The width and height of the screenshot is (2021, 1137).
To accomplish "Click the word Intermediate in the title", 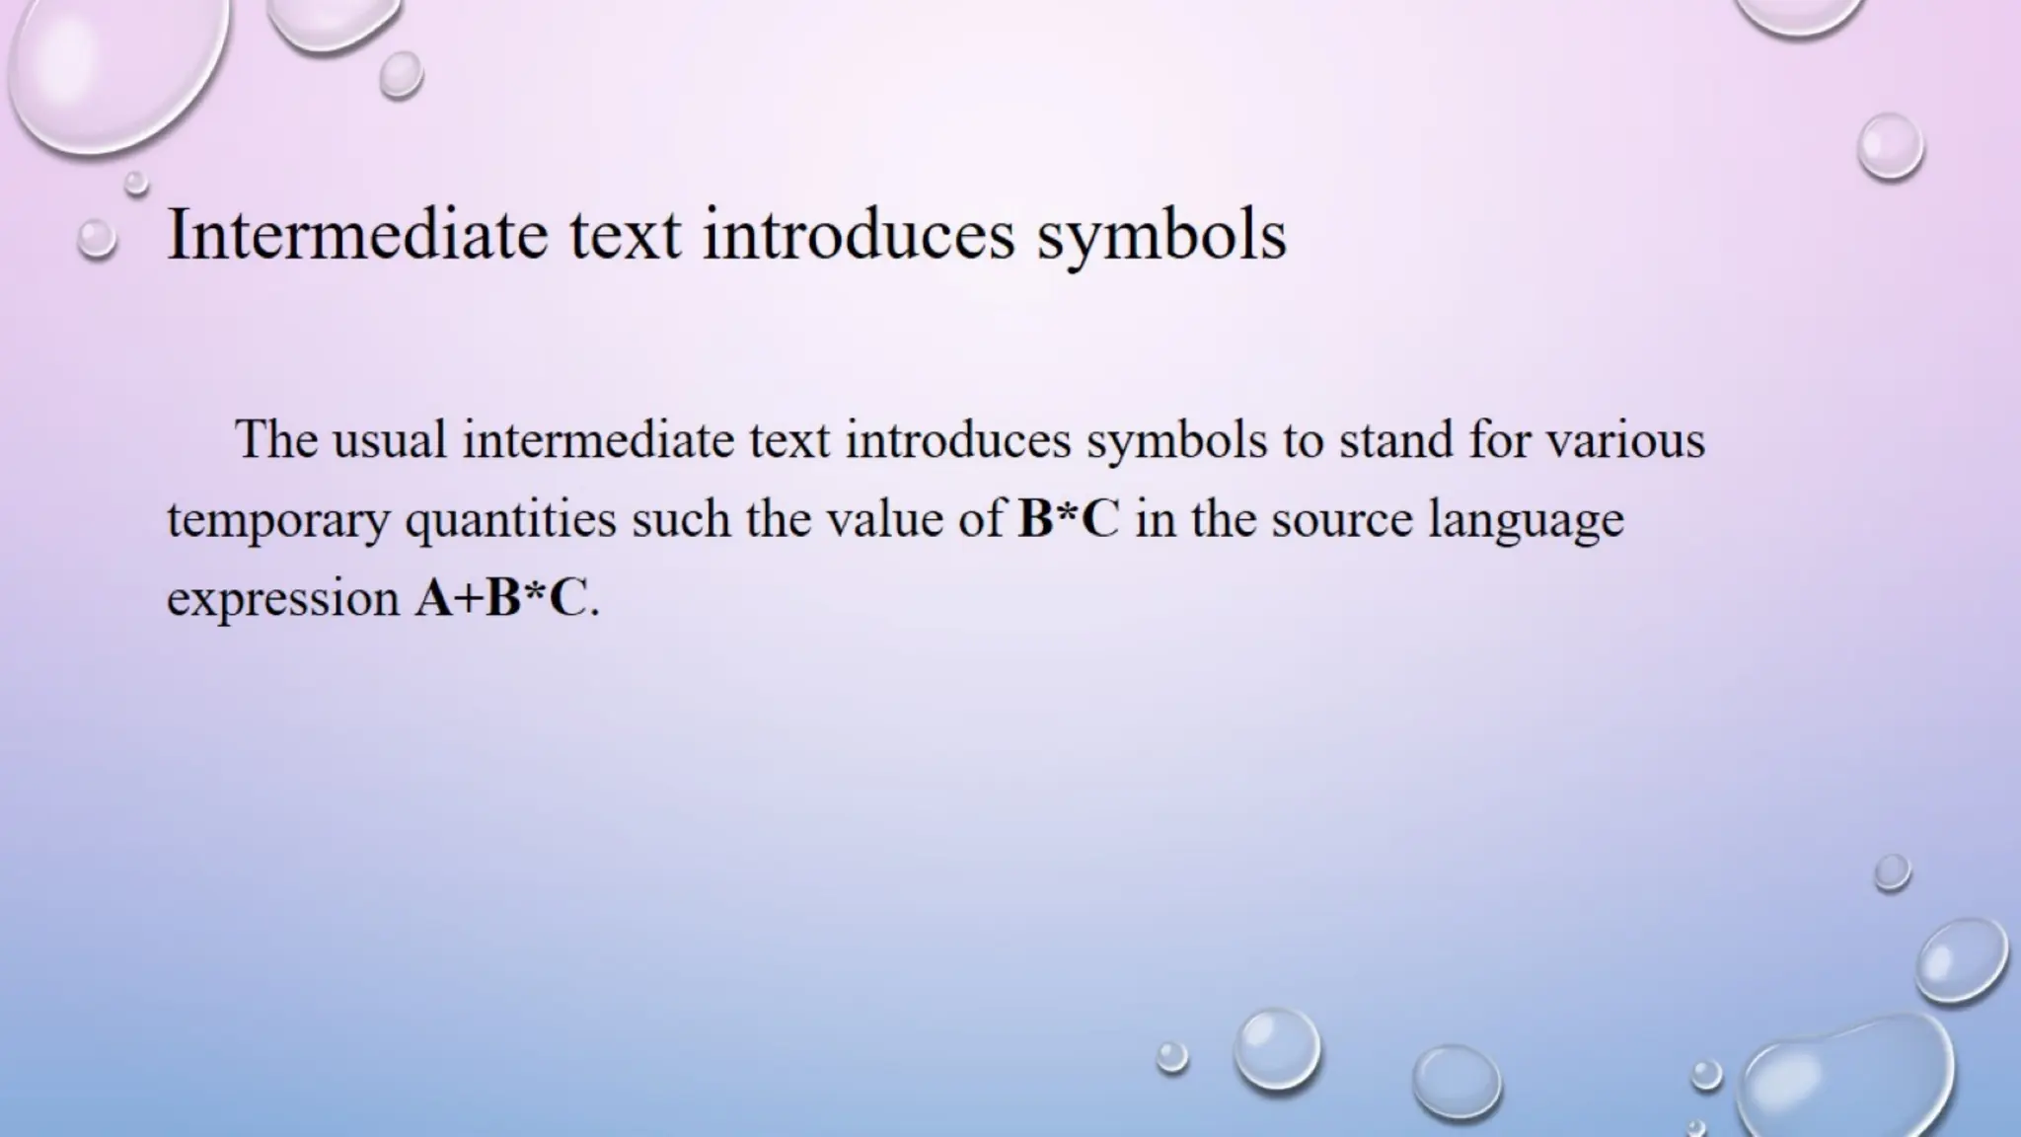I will [x=357, y=234].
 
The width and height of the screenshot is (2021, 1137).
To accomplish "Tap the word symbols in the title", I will [x=1161, y=236].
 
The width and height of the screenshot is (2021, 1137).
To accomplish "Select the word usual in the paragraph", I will [x=390, y=439].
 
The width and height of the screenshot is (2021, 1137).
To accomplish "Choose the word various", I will [x=1624, y=439].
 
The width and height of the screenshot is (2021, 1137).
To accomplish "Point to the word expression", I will [x=282, y=600].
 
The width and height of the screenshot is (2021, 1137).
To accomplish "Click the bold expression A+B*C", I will [x=500, y=598].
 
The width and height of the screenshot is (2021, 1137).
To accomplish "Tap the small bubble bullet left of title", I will [x=97, y=239].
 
